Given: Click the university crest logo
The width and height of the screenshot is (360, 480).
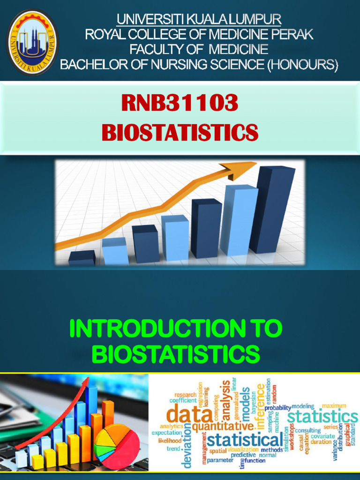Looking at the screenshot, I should (x=32, y=42).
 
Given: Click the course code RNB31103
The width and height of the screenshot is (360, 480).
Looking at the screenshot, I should (x=180, y=103).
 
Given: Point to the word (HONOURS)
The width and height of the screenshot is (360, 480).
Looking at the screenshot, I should (x=302, y=64).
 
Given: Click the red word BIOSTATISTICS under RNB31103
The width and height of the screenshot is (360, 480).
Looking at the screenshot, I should (x=180, y=132).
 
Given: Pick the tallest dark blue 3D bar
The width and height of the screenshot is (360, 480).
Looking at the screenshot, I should (x=273, y=209).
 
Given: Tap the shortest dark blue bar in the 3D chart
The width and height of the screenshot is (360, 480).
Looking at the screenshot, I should (x=82, y=258).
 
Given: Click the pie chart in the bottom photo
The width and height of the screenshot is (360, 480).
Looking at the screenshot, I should (x=117, y=446).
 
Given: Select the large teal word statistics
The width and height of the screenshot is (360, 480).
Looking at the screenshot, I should (x=322, y=416).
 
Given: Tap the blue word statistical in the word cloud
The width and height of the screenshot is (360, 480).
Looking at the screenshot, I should (x=245, y=440).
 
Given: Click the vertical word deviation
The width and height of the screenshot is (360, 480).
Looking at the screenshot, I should (x=187, y=445).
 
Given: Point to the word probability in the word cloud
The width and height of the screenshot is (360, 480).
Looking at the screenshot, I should (x=277, y=408).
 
